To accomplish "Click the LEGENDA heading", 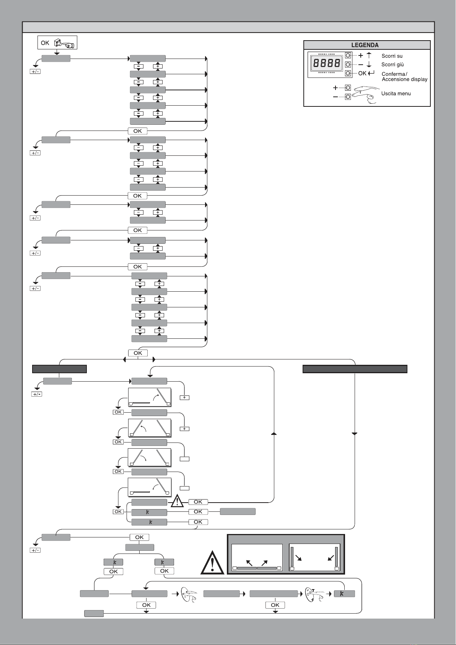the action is pos(365,45).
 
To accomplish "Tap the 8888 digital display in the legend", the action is pos(327,63).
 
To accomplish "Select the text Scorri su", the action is pos(392,56).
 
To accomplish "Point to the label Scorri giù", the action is pos(392,65).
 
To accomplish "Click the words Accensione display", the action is pos(404,79).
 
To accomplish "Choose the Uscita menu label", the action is pos(396,93).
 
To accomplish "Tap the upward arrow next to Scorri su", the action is pos(369,56).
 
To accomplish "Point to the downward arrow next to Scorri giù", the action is pos(369,64).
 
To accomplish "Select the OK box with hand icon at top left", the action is pos(57,42).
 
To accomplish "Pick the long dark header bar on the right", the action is pos(355,369).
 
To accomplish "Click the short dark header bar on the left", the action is pos(59,369).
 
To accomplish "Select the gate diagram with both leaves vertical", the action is pos(314,557).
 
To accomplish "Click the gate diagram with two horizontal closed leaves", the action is pos(257,557).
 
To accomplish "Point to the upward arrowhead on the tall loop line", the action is pos(274,434).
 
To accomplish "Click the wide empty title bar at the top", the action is pos(228,27).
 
